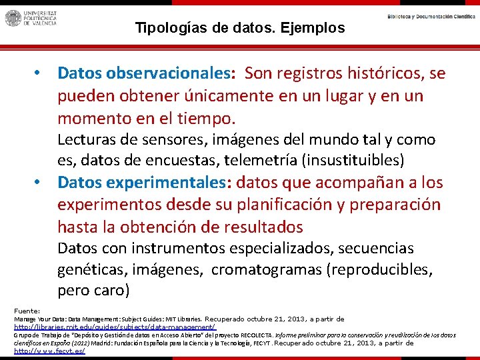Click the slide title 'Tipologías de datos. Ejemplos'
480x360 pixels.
[240, 28]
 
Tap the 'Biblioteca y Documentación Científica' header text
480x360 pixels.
[431, 16]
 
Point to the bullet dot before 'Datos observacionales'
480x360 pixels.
[40, 73]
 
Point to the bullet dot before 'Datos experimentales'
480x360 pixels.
[40, 182]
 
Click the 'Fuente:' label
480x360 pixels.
[27, 311]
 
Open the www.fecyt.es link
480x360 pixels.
[49, 351]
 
